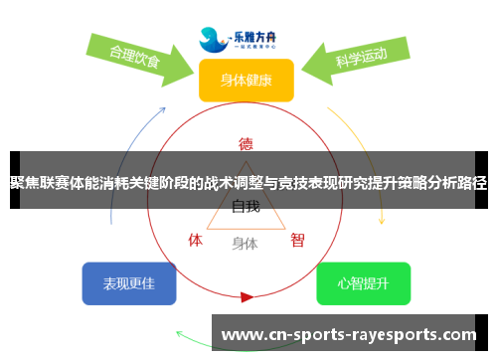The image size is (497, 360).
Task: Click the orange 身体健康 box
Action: pos(246,81)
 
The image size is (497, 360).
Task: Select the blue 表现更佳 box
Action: pos(129,283)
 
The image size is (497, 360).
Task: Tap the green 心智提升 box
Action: pos(363,283)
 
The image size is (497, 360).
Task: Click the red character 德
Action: pos(246,143)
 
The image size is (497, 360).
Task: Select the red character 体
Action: pos(195,240)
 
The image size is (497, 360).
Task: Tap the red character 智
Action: pos(297,240)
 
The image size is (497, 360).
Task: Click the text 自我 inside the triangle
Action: pos(246,207)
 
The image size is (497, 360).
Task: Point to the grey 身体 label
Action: pos(245,243)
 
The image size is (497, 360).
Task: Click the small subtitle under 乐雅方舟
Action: pos(255,45)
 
